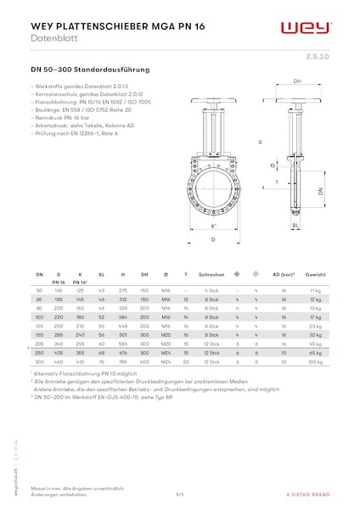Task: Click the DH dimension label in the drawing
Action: point(297,81)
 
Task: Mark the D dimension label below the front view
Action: point(213,240)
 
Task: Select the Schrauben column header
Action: point(211,276)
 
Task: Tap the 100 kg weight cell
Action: point(317,361)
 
